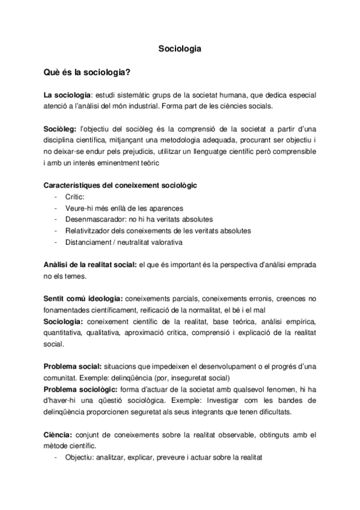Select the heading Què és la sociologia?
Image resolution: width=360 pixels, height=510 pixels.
88,73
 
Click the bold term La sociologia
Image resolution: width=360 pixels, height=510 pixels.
66,95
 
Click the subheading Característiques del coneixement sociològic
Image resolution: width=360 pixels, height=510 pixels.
120,185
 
